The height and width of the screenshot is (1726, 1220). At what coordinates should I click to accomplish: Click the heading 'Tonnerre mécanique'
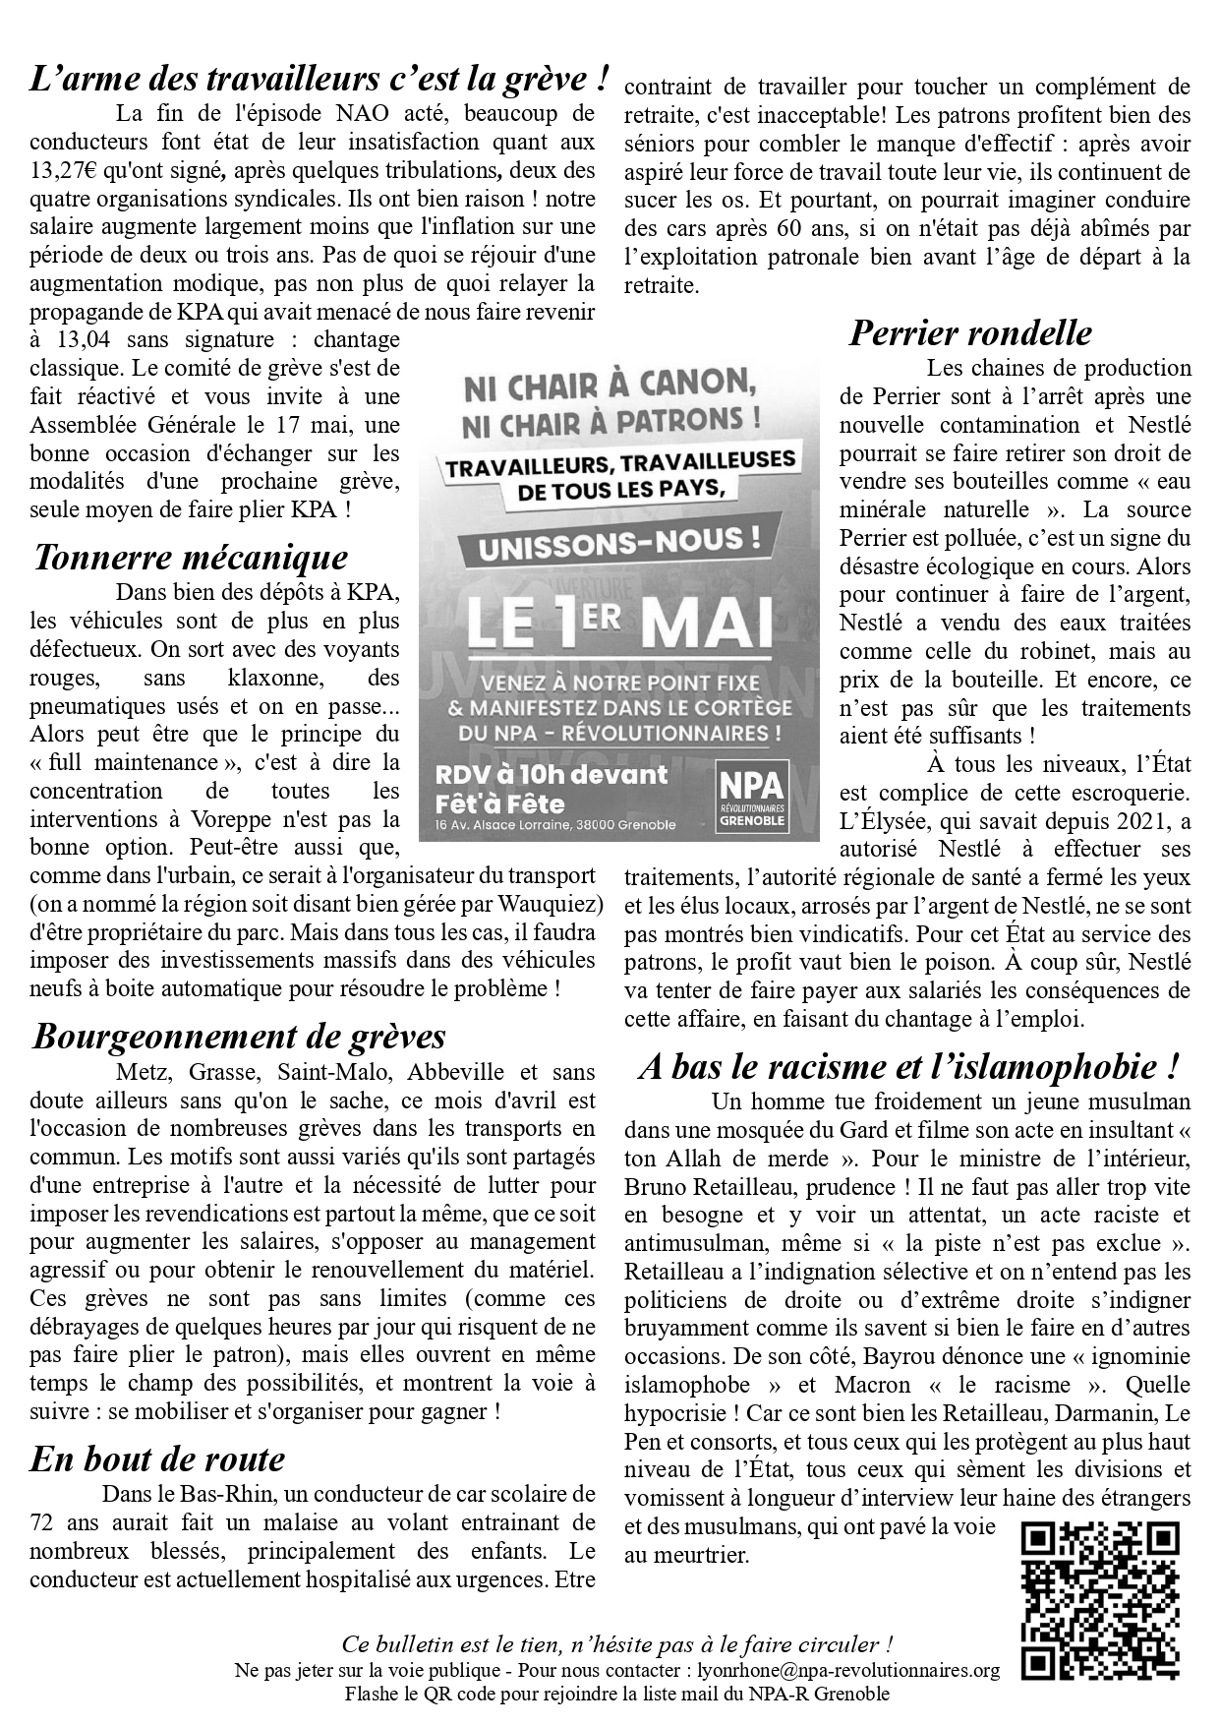(191, 558)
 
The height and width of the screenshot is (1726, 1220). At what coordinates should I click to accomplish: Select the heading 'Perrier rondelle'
(969, 333)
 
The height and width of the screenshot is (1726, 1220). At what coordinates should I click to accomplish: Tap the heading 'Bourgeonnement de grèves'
(239, 1037)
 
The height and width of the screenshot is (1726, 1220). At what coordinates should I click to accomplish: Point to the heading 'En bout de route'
(157, 1458)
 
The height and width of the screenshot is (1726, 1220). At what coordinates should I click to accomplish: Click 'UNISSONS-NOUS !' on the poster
(618, 543)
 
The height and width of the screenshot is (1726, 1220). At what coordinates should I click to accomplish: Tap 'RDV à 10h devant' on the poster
(552, 775)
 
